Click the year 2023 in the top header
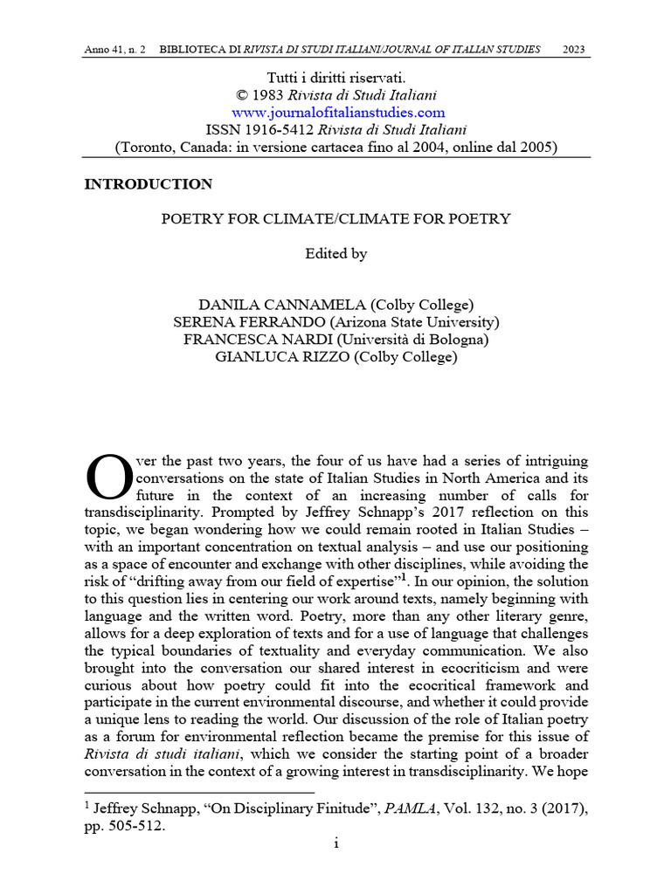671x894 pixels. click(x=573, y=48)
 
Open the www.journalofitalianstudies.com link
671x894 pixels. click(x=338, y=113)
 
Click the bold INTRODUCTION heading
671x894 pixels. click(x=148, y=184)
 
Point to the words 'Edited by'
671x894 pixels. click(x=335, y=254)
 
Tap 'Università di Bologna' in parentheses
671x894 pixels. click(x=412, y=340)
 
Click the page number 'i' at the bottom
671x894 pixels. click(x=336, y=844)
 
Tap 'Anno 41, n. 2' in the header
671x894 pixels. click(x=115, y=48)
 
